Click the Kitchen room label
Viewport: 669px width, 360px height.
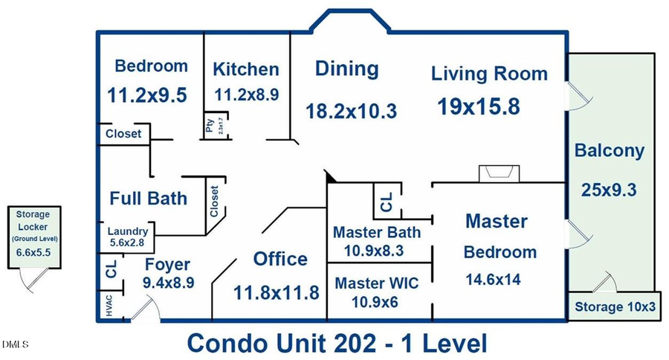(x=246, y=70)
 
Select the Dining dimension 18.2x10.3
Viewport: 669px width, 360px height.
(x=352, y=111)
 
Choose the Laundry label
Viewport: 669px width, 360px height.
(x=128, y=231)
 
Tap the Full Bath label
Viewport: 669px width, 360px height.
(x=148, y=199)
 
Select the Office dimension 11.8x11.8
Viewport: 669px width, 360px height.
(x=277, y=292)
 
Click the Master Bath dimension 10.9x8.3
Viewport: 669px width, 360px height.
(x=374, y=251)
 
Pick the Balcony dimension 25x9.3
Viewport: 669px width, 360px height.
(x=609, y=189)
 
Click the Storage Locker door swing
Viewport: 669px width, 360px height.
(x=30, y=280)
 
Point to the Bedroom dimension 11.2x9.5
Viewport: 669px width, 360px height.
(x=146, y=95)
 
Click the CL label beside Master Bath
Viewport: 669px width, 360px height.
(x=386, y=201)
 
